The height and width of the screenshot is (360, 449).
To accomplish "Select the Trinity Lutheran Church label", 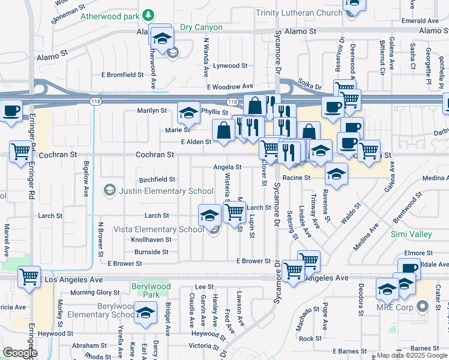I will pos(298,12).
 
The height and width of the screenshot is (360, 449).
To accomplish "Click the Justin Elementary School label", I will pos(166,191).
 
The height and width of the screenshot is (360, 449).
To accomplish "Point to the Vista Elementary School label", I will pos(159,229).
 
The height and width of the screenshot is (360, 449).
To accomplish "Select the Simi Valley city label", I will pos(411,234).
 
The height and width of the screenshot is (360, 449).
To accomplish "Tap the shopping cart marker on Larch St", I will pos(234,211).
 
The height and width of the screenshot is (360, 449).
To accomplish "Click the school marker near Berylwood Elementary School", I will pos(145,313).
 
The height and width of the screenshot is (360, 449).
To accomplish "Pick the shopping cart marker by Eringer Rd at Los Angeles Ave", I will pos(29,277).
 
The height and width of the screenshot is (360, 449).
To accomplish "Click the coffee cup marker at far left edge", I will pos(11,111).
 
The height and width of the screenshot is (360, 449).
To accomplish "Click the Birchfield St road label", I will pos(157,179).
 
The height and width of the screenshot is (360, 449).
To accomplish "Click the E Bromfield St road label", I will pos(122,75).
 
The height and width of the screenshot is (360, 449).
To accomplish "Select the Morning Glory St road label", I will pos(95,292).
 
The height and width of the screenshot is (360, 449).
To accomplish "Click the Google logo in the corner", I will pos(20,352).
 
